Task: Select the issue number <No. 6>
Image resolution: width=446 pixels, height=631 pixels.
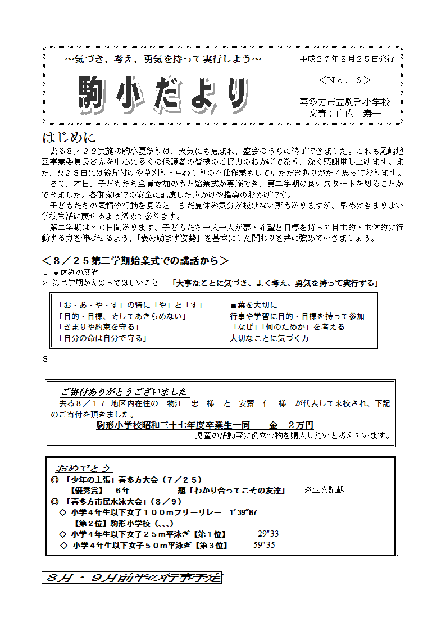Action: (x=345, y=80)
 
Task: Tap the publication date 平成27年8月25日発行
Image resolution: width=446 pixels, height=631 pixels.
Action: (x=347, y=58)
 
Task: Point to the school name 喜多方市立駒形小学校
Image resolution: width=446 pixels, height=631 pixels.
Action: (x=345, y=102)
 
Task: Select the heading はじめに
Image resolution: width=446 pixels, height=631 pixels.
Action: (x=69, y=137)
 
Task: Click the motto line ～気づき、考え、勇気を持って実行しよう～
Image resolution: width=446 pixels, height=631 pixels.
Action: (x=163, y=59)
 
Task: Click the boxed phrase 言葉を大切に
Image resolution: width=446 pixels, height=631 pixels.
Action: (x=253, y=305)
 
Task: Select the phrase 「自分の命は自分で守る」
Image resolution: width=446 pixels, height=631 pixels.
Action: (x=103, y=338)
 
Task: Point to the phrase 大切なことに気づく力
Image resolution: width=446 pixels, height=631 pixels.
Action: (x=269, y=338)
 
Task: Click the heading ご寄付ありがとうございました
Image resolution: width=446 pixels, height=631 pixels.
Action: (x=124, y=392)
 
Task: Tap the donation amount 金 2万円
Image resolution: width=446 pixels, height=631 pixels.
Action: (x=290, y=425)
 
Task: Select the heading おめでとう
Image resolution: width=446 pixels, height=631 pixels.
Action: (x=84, y=468)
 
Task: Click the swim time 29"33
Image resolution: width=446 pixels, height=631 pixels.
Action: (x=268, y=534)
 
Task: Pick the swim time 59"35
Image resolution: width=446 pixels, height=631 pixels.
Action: (x=264, y=545)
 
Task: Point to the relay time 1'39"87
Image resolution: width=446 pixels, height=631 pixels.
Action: (x=243, y=512)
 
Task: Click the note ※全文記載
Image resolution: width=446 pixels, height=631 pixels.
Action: (x=324, y=490)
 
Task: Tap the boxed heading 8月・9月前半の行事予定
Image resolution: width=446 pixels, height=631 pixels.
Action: (x=131, y=578)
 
